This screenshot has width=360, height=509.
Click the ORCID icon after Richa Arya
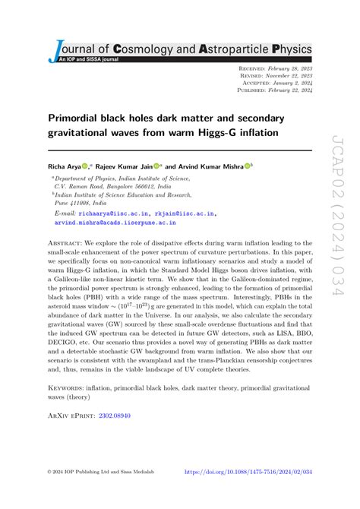coord(84,165)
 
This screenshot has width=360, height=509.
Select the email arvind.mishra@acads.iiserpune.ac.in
coord(115,223)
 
